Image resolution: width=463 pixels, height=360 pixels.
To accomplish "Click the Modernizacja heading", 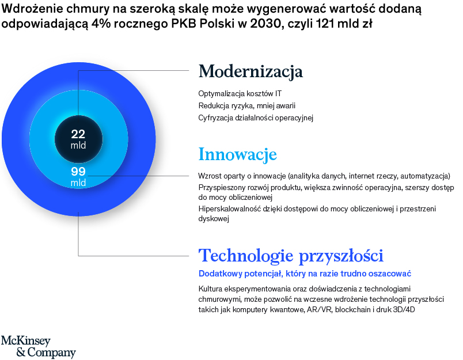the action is (x=251, y=72).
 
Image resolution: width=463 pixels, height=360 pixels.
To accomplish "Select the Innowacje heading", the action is (x=238, y=154).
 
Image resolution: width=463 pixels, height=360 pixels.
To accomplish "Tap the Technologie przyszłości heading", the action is (x=291, y=256).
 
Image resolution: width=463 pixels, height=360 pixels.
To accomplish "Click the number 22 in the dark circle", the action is (x=78, y=134).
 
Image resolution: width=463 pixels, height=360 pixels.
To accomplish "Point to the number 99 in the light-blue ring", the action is (x=78, y=172).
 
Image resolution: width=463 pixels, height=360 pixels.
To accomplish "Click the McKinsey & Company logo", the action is (x=39, y=347).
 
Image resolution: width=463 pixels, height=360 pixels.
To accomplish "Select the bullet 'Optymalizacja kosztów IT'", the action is (x=240, y=94).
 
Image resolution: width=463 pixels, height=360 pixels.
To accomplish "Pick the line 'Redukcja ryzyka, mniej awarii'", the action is (x=247, y=106).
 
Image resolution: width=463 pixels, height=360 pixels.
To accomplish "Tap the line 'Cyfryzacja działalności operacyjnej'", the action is (x=256, y=118).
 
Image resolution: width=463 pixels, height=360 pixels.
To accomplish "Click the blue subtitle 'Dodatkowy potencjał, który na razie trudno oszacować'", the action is (x=305, y=274).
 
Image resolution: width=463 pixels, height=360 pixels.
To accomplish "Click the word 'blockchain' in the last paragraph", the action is (x=349, y=309).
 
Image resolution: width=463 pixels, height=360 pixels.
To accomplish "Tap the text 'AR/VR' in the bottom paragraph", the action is (x=319, y=309).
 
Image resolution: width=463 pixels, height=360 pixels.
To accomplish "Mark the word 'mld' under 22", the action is (x=78, y=145).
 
